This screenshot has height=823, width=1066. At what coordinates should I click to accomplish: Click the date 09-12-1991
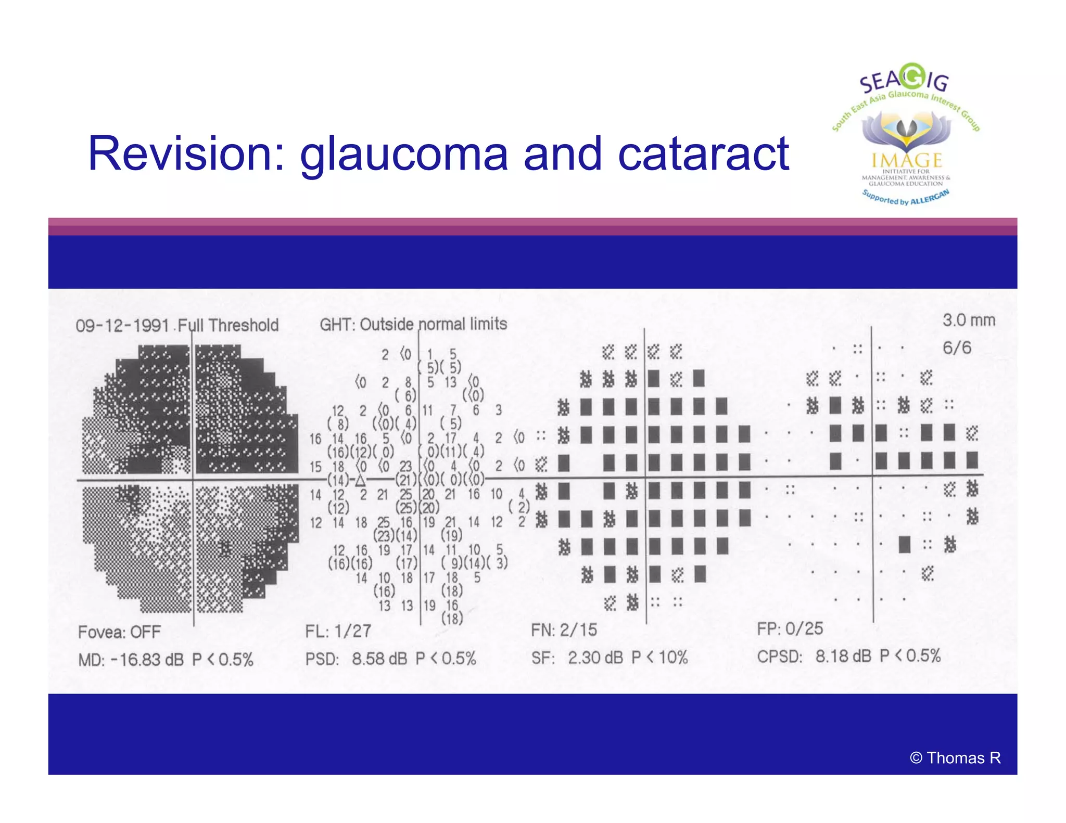(122, 326)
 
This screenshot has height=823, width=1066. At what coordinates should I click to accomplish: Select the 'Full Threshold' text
(228, 326)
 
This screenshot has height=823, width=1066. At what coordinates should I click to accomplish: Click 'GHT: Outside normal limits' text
(413, 324)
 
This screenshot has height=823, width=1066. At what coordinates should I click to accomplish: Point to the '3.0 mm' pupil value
(968, 320)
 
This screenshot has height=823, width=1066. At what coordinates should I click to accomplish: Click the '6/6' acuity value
(957, 348)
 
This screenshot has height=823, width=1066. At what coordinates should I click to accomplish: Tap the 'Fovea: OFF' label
(119, 632)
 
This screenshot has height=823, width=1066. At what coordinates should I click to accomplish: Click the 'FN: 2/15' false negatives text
(564, 630)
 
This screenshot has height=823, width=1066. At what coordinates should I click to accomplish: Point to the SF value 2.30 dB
(595, 658)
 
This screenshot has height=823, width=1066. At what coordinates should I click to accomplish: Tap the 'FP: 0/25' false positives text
(790, 628)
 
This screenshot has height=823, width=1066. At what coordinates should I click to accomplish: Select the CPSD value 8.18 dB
(843, 656)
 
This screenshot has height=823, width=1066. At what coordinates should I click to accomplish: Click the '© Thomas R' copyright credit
(955, 758)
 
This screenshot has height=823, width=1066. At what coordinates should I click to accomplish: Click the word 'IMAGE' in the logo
(907, 160)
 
